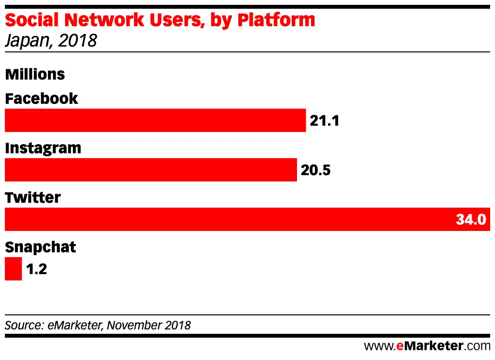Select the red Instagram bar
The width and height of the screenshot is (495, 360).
pyautogui.click(x=150, y=170)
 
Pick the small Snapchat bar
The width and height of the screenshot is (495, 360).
pyautogui.click(x=13, y=269)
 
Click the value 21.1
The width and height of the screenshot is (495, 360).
pyautogui.click(x=324, y=121)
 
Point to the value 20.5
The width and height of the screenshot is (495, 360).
pyautogui.click(x=315, y=170)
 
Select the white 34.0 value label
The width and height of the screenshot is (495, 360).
pyautogui.click(x=470, y=220)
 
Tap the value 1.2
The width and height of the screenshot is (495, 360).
pyautogui.click(x=36, y=269)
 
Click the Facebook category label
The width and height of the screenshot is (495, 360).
pyautogui.click(x=41, y=98)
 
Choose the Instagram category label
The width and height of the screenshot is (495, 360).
pyautogui.click(x=43, y=148)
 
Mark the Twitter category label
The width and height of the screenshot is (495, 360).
pyautogui.click(x=33, y=197)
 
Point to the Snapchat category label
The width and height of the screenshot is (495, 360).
pyautogui.click(x=41, y=247)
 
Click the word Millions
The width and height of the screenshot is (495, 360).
pyautogui.click(x=35, y=74)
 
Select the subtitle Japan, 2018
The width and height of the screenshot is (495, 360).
pyautogui.click(x=51, y=41)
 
